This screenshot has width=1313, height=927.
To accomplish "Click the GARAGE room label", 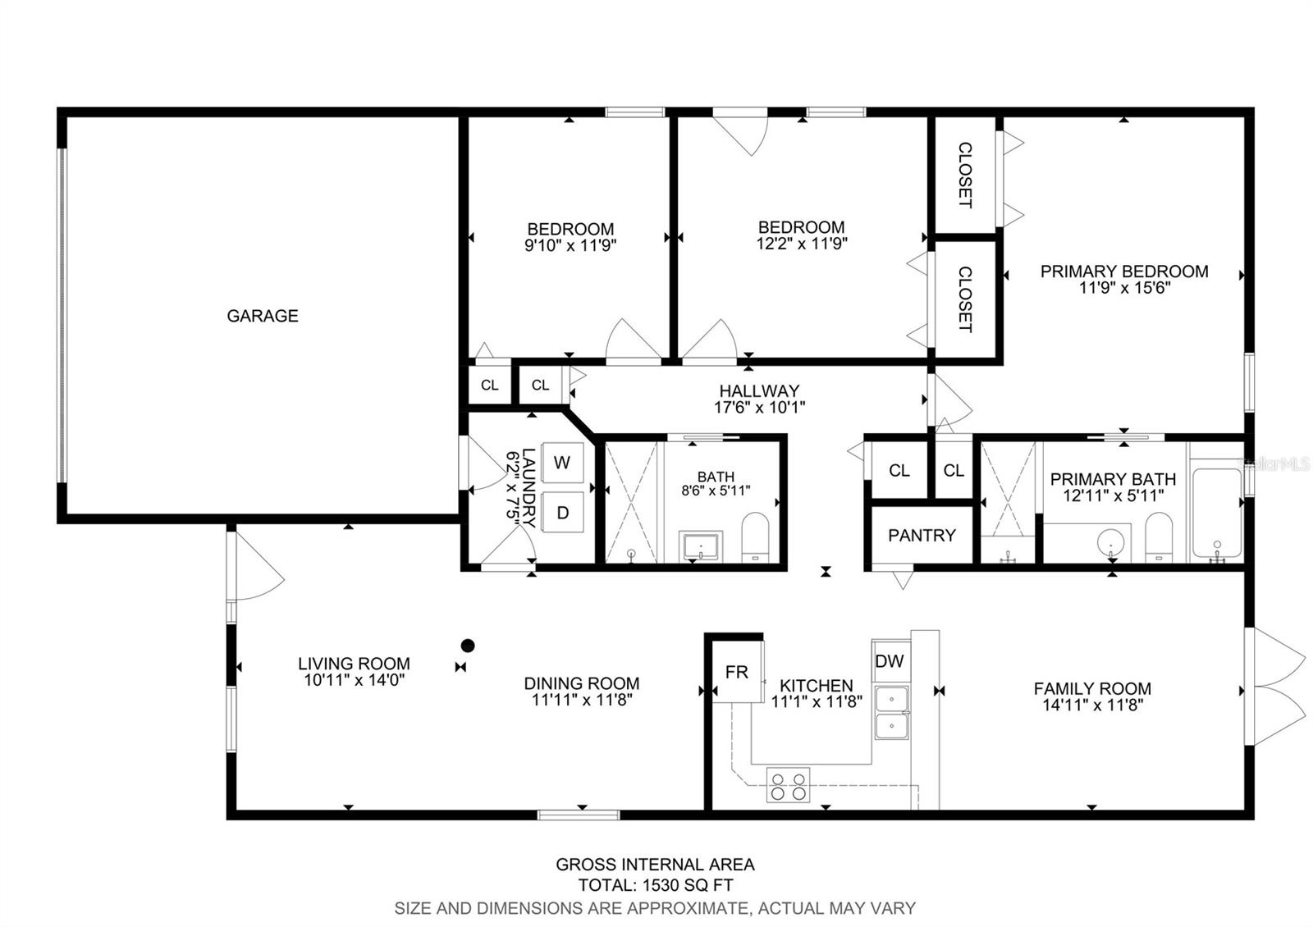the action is [263, 316].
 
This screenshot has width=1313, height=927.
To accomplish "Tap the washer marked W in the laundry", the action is [562, 463].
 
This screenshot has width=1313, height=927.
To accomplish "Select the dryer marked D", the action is [562, 513].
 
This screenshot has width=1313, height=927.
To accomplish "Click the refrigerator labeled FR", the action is [737, 672].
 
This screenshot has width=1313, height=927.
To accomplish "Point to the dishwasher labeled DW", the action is [890, 661].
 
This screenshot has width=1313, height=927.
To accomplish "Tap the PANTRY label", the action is [922, 535].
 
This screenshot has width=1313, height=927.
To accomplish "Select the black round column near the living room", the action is [467, 646].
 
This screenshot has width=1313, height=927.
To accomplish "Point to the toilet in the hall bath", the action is [755, 537].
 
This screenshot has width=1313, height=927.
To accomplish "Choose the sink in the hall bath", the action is [701, 546].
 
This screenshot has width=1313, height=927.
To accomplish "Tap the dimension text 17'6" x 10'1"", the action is [759, 407].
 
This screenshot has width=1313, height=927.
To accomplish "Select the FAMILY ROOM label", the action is [1092, 688].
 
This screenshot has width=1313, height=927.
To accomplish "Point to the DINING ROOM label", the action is [582, 683].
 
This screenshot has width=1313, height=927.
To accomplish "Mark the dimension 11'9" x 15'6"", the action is [1124, 288].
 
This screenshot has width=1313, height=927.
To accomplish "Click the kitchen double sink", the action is [891, 713].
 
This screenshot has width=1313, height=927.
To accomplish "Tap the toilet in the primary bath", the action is [1159, 537].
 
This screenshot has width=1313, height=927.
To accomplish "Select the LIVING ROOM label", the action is [354, 664].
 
